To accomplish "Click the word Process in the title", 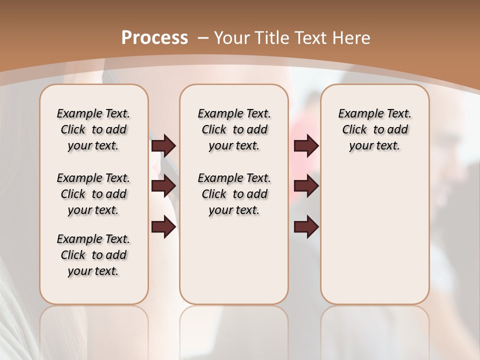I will (154, 37).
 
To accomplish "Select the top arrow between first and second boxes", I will (163, 145).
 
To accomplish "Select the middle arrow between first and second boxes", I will (163, 186).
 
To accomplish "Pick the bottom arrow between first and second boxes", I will (163, 227).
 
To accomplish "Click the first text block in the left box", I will (93, 129).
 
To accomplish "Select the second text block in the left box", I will (93, 194).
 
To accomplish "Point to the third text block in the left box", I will (93, 255).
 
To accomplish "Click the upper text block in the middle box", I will (234, 129).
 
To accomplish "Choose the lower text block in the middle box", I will (234, 194).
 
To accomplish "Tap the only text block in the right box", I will (374, 129).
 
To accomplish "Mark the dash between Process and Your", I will (203, 38).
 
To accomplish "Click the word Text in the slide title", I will (312, 38).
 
